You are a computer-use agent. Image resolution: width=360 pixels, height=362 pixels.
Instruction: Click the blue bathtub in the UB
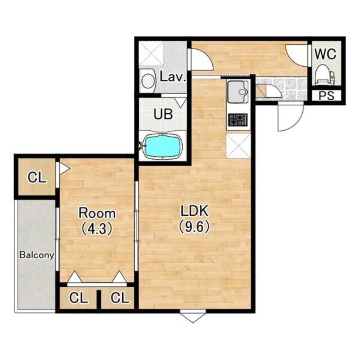(x=162, y=146)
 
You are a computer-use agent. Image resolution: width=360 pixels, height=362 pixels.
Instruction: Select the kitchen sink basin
(x=238, y=91)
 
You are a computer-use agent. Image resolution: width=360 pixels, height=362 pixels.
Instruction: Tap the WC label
(x=326, y=55)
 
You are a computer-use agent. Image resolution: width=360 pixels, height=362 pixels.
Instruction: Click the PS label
(x=326, y=96)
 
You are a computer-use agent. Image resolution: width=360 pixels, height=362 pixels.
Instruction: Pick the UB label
(x=163, y=114)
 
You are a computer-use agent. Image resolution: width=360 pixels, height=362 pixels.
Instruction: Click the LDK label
(x=195, y=211)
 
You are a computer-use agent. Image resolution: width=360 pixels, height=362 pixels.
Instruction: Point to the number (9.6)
(x=194, y=227)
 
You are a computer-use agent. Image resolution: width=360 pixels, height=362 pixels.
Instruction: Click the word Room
(x=97, y=213)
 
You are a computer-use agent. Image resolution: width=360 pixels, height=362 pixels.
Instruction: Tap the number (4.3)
(x=97, y=229)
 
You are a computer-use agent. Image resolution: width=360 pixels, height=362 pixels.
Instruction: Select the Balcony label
(x=37, y=255)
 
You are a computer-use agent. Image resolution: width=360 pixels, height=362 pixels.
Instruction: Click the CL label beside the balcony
(x=37, y=178)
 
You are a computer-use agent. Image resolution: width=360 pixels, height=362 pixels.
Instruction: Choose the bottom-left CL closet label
(x=78, y=298)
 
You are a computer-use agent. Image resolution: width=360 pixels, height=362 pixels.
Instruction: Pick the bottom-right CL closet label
(x=120, y=298)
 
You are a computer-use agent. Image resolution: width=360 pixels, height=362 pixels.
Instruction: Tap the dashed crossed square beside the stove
(x=238, y=146)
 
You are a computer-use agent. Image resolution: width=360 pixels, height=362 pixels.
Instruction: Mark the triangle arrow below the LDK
(x=193, y=318)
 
